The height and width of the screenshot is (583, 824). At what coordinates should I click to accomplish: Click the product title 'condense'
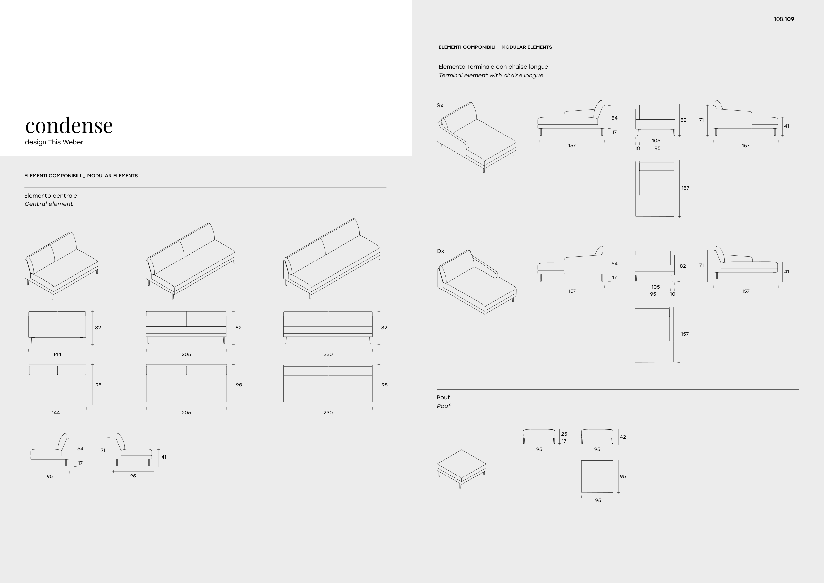[69, 126]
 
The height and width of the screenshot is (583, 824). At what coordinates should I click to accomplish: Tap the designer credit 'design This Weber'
[54, 142]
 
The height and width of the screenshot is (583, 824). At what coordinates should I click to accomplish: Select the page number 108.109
[784, 19]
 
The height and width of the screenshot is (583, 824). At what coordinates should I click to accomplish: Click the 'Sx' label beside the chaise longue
[440, 105]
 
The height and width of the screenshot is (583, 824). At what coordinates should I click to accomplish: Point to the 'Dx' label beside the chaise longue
[440, 251]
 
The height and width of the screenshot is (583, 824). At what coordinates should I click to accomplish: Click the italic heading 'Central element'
[49, 204]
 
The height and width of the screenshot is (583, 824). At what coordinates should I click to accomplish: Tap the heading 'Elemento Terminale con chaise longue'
[493, 67]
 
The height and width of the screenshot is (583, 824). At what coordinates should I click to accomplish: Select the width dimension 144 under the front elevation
[57, 354]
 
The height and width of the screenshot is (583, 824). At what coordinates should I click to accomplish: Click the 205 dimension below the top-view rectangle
[186, 413]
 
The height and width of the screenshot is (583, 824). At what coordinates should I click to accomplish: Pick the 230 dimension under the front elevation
[328, 354]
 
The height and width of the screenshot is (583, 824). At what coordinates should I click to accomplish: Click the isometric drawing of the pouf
[461, 469]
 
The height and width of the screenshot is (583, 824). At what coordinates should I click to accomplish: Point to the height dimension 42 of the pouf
[623, 437]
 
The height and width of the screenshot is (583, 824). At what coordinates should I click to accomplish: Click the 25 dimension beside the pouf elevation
[564, 434]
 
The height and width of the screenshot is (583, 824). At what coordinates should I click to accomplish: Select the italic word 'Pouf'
[444, 406]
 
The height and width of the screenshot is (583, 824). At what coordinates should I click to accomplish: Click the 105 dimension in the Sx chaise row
[656, 141]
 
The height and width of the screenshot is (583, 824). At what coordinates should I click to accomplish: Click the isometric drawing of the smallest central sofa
[61, 265]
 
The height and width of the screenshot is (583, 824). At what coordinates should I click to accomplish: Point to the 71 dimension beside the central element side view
[103, 450]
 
